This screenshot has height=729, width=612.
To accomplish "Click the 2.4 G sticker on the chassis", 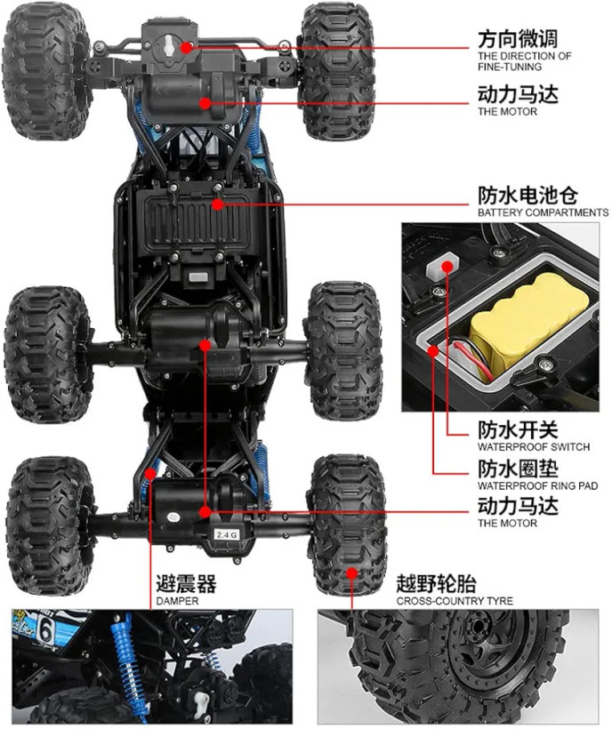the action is click(227, 534).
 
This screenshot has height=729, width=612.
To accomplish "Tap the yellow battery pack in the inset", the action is click(528, 321).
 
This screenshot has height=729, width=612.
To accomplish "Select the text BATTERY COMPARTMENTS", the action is click(543, 212).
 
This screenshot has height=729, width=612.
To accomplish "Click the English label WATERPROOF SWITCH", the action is click(534, 447).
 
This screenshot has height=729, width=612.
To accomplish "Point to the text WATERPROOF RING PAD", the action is click(537, 485).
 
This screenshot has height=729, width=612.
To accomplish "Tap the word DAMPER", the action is click(177, 601).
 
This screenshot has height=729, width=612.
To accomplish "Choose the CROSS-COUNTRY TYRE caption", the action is click(455, 601).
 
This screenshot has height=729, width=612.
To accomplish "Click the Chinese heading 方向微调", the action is click(518, 39).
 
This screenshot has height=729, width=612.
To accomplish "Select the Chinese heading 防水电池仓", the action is click(527, 195).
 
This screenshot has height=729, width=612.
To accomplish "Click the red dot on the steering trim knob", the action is click(187, 47).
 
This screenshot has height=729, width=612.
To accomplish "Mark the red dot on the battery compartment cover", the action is click(217, 204).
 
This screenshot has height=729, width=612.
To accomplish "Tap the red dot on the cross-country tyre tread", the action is click(352, 573).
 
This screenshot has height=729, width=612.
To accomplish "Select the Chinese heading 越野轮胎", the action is click(436, 583).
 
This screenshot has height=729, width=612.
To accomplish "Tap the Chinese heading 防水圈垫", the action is click(518, 469).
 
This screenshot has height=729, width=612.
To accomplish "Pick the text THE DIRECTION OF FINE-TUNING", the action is click(524, 61).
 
